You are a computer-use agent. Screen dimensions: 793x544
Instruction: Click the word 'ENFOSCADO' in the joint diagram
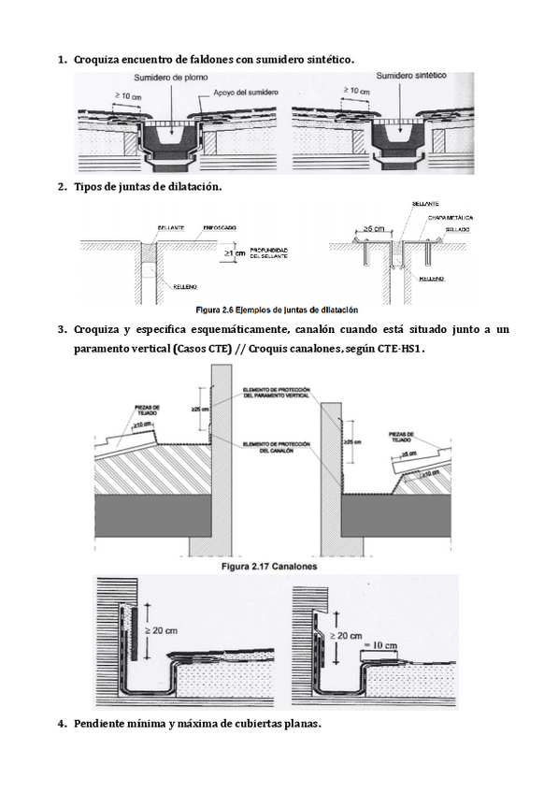(218, 227)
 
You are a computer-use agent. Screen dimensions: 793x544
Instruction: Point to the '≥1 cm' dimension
(236, 252)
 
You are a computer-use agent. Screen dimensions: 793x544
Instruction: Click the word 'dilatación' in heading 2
(193, 187)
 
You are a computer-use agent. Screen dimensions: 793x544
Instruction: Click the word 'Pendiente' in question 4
(103, 723)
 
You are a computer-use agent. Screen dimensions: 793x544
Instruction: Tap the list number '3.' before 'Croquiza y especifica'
(63, 329)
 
